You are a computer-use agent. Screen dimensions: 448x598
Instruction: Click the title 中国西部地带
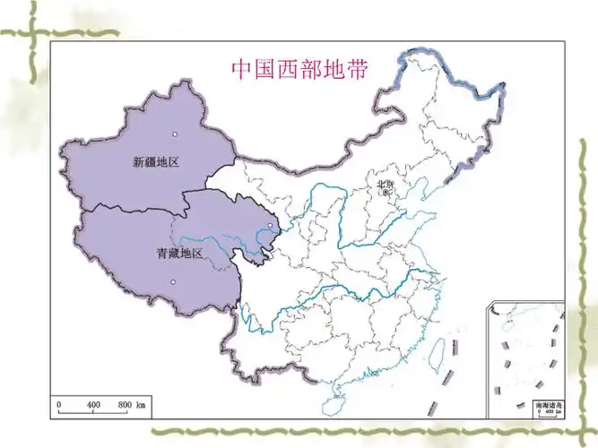point(299,69)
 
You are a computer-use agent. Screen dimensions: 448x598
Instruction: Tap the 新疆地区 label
point(156,162)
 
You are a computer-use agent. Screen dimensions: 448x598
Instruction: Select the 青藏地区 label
point(179,254)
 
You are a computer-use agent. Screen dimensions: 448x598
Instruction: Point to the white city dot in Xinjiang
point(175,134)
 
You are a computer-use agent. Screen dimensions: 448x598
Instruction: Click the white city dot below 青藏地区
point(173,282)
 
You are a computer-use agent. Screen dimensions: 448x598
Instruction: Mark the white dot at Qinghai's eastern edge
point(270,226)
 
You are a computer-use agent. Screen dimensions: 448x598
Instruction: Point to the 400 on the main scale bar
point(94,406)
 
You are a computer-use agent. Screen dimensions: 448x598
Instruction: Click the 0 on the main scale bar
point(59,406)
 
